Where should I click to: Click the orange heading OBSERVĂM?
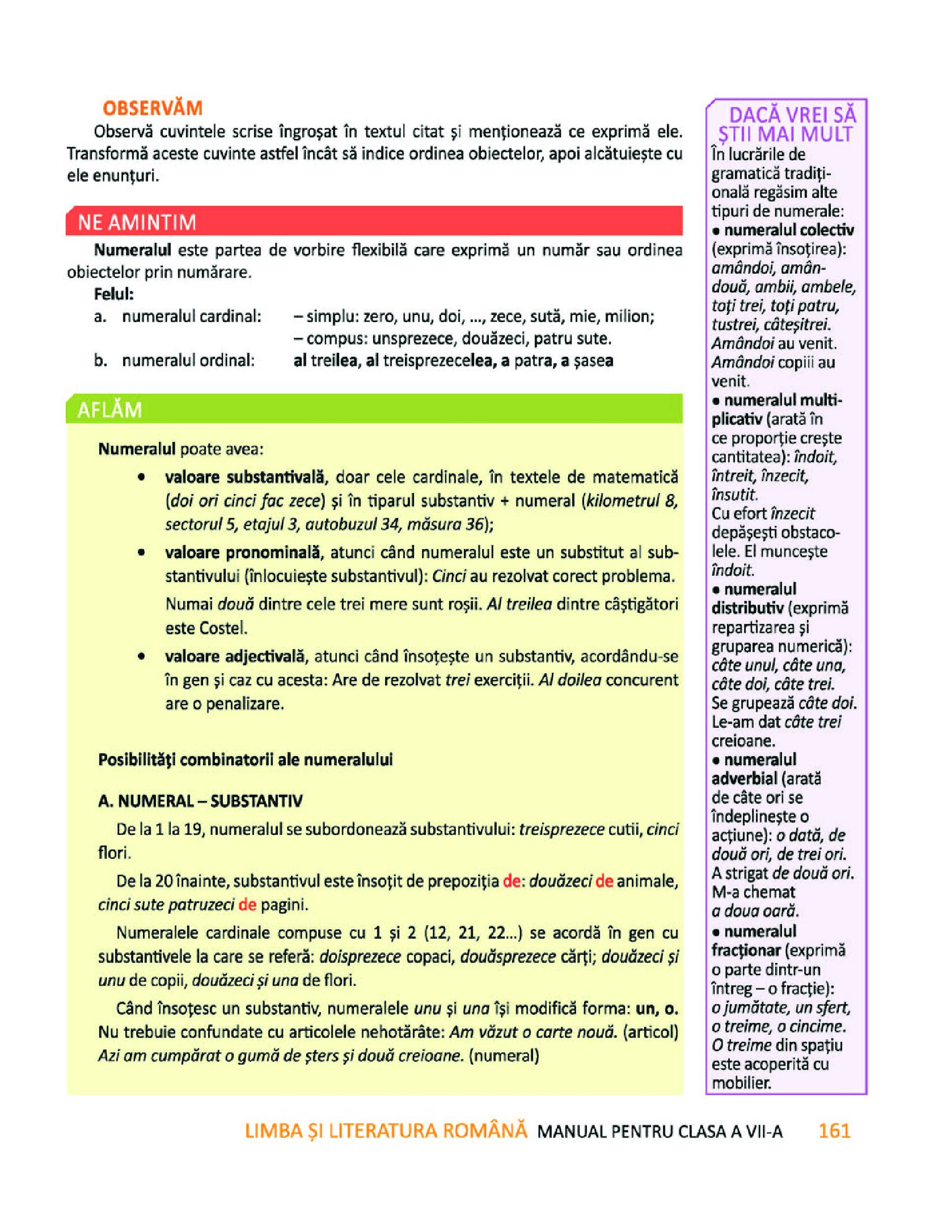(152, 108)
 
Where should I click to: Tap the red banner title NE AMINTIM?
(137, 222)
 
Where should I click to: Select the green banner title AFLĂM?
(109, 410)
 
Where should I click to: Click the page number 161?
(834, 1131)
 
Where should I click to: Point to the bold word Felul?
(114, 294)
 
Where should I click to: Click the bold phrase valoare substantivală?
(245, 477)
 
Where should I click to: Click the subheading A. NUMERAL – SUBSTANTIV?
(200, 801)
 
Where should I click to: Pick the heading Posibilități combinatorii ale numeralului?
(245, 760)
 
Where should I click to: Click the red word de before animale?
(604, 881)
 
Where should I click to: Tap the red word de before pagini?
(247, 904)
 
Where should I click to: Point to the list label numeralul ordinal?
(188, 360)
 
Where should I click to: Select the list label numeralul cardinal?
(192, 316)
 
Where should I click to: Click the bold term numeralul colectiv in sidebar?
(789, 230)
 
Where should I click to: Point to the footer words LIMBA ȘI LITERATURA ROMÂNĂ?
(386, 1131)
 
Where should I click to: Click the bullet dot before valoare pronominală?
(141, 552)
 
